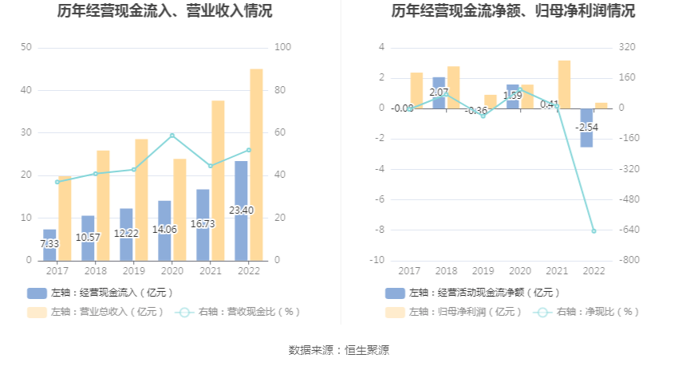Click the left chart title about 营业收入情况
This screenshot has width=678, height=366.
(164, 11)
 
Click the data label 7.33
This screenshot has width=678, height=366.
(49, 244)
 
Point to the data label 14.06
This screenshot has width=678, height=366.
(164, 229)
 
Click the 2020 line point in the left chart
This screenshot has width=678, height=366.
(172, 136)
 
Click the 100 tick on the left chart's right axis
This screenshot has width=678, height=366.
(281, 48)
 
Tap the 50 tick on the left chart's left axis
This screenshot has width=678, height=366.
(26, 48)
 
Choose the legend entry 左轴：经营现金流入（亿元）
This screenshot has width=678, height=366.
(101, 293)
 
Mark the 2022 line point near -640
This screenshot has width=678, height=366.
(593, 231)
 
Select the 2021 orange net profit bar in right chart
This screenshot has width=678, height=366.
(564, 84)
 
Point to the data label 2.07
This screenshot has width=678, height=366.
(439, 92)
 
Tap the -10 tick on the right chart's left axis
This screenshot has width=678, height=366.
(378, 261)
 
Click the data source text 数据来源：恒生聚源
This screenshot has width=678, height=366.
(339, 350)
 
